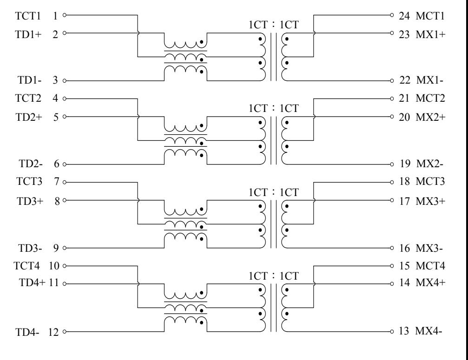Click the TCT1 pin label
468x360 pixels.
[x=28, y=15]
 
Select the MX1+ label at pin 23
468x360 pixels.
[x=430, y=34]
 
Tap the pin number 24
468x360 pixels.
[x=404, y=15]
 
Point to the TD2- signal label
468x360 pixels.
[x=31, y=164]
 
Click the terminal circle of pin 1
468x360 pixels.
[x=64, y=15]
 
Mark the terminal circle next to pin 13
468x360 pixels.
[x=392, y=331]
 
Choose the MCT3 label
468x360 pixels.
[x=430, y=181]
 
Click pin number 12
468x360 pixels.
[x=53, y=332]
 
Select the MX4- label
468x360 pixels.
[x=428, y=331]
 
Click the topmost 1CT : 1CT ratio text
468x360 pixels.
[x=274, y=25]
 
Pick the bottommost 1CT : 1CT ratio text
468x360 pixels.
[x=274, y=276]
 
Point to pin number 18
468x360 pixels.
[x=404, y=181]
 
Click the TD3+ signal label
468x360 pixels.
[x=30, y=201]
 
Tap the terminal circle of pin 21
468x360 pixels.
[x=392, y=99]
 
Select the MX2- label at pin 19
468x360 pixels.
[x=429, y=164]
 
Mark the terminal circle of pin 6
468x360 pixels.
[x=64, y=164]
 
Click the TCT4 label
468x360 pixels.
[x=26, y=265]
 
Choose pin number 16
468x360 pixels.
[x=404, y=248]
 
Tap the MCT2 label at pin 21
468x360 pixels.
[x=430, y=98]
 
